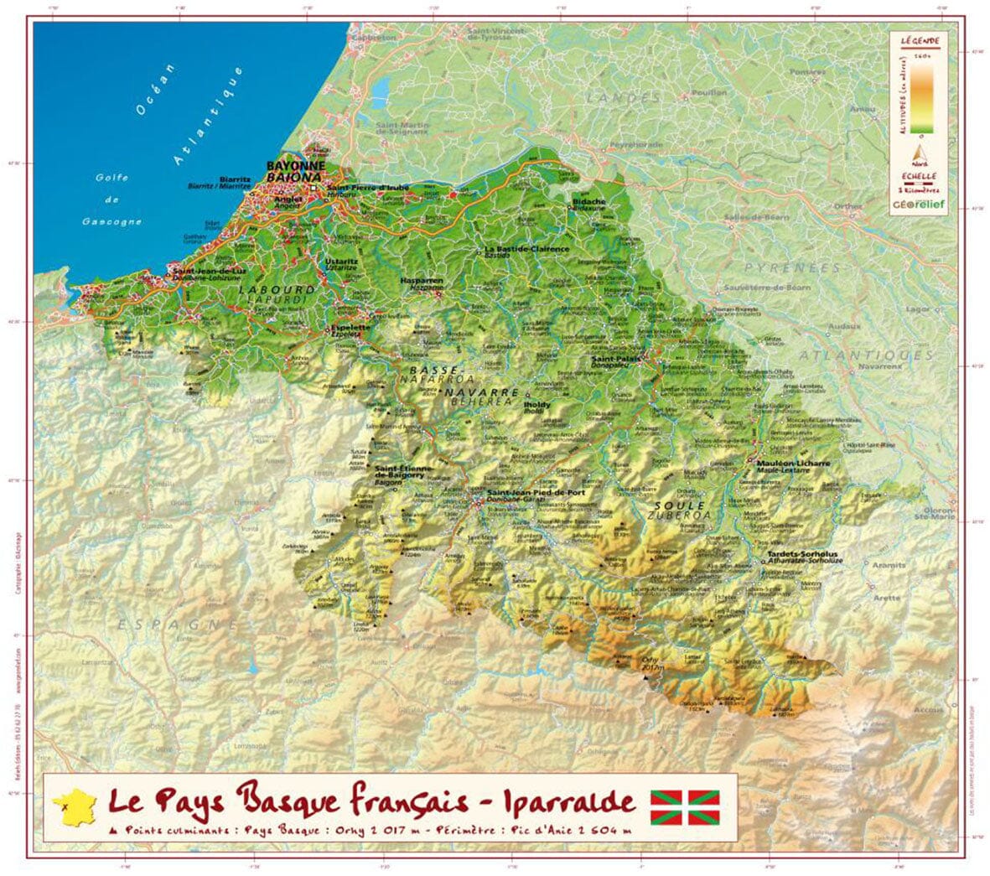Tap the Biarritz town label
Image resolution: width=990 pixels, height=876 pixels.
235,179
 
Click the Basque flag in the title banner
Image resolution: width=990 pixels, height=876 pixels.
685,806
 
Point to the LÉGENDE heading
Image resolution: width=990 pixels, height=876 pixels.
920,40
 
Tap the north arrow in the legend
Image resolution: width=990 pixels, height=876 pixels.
919,153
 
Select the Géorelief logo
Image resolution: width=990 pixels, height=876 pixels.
919,204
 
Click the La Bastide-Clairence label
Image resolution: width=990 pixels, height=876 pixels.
527,249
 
